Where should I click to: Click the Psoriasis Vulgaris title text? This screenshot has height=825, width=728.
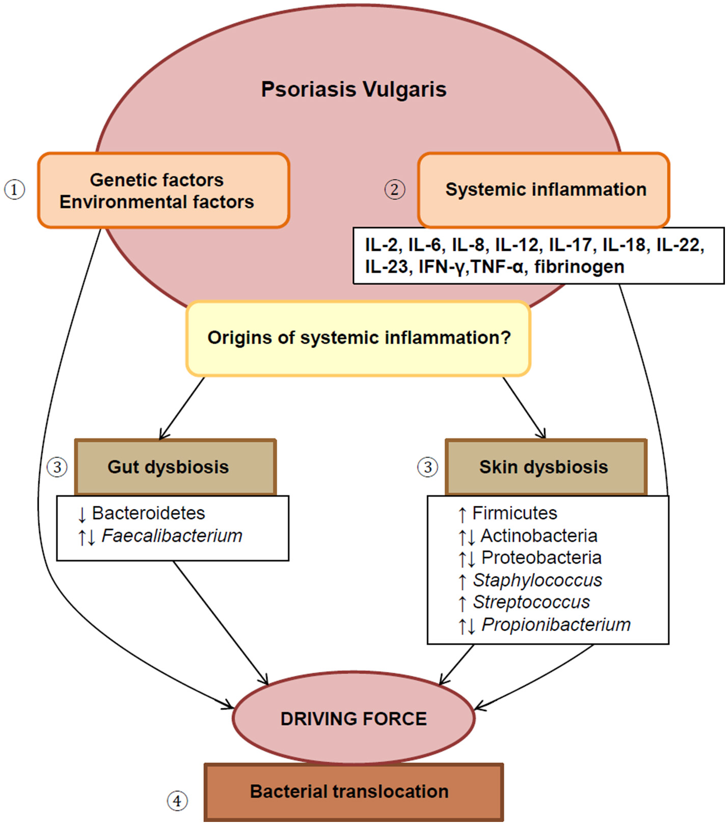(354, 90)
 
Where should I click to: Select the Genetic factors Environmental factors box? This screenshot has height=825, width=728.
(164, 190)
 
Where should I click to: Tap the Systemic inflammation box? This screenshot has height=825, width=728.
(543, 190)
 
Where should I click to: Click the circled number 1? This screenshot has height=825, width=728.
(14, 190)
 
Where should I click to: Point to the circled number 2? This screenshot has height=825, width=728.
(394, 190)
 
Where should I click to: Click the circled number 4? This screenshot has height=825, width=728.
(177, 801)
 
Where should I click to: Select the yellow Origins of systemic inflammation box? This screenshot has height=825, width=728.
(358, 338)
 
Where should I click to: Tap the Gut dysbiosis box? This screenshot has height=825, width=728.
(175, 467)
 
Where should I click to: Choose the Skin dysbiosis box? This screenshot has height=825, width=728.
(546, 467)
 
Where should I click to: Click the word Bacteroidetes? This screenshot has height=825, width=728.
(148, 513)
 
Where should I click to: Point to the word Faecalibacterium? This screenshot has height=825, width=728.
(172, 536)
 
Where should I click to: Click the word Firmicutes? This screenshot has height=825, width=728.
(515, 513)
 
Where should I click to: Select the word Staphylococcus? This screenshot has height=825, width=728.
(537, 580)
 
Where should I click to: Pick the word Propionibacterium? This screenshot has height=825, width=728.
(556, 624)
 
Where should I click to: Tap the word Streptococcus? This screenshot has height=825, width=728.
(531, 602)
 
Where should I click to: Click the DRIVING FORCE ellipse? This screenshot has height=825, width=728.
(354, 718)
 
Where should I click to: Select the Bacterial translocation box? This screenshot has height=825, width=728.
(354, 791)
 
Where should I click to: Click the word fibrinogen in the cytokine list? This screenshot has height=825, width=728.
(579, 267)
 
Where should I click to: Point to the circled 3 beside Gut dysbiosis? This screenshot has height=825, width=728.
(57, 467)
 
